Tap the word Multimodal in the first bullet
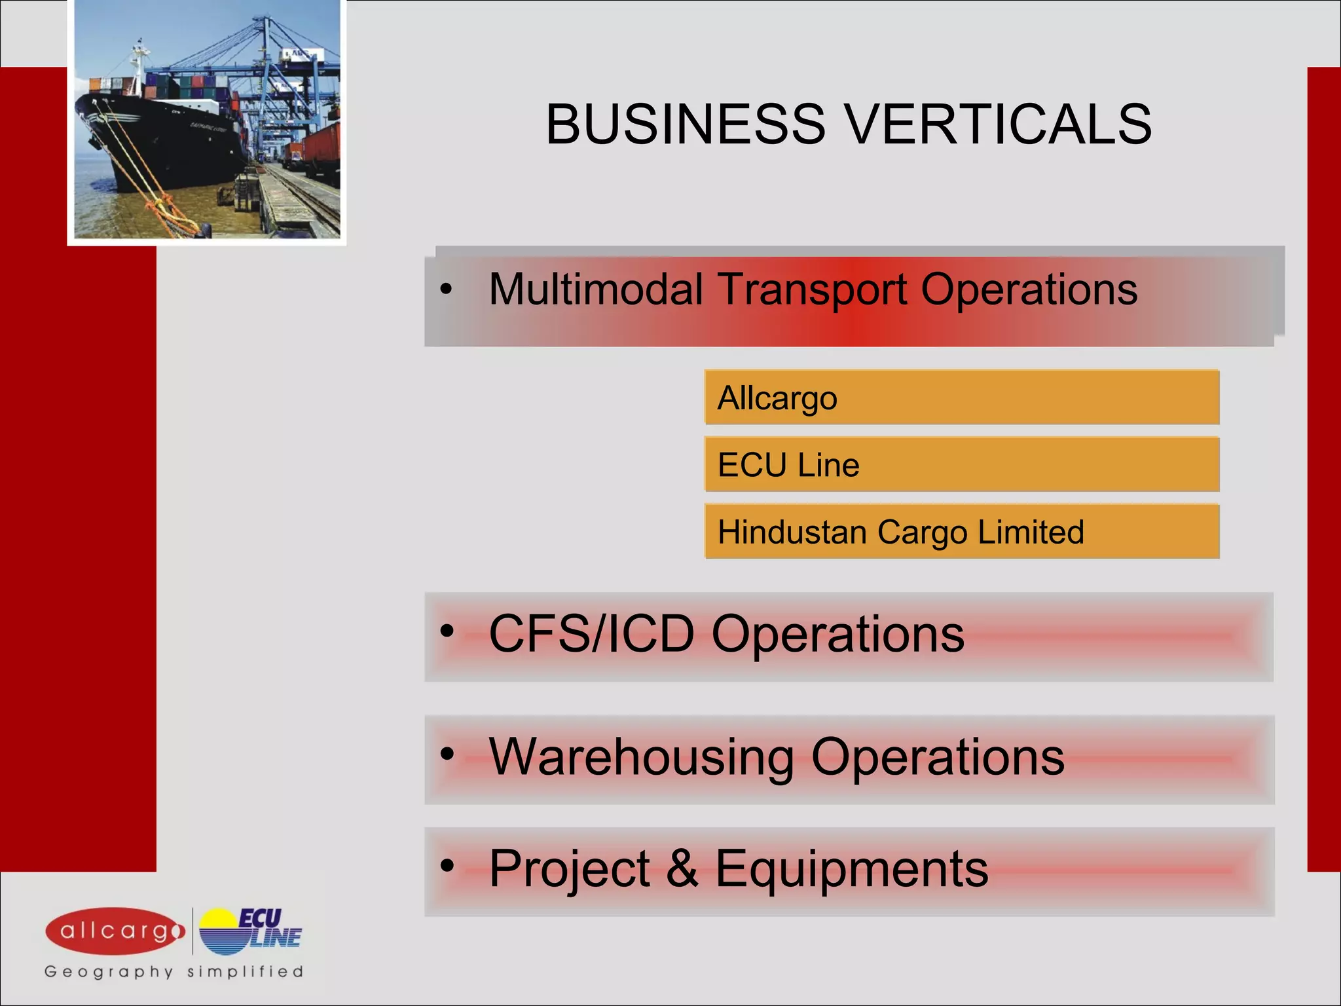click(x=596, y=289)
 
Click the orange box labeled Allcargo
click(x=961, y=398)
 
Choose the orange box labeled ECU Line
click(x=961, y=465)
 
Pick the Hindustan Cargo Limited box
click(x=961, y=532)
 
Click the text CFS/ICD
click(x=591, y=634)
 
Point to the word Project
click(x=569, y=868)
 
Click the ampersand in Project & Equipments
click(x=682, y=868)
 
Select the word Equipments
click(x=851, y=868)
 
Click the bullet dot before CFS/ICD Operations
click(x=447, y=631)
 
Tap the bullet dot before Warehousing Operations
click(x=447, y=754)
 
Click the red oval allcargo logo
click(x=115, y=931)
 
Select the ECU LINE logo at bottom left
click(x=250, y=931)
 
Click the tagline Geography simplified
click(x=174, y=971)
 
